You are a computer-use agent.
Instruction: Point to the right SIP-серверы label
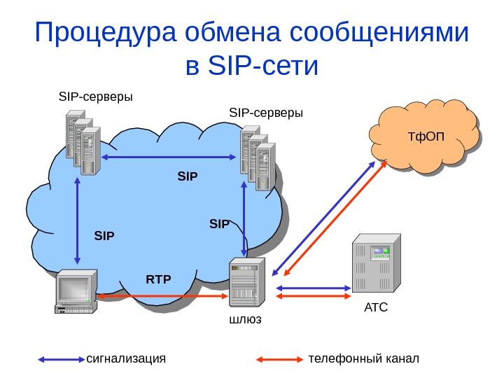[x=266, y=113]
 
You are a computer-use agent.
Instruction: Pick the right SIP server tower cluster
[x=257, y=158]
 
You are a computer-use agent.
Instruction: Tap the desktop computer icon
[x=76, y=291]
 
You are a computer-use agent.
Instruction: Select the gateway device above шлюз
[x=247, y=283]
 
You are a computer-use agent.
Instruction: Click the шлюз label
[x=245, y=319]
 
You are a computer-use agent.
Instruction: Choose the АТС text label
[x=376, y=307]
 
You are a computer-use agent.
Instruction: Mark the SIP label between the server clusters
[x=188, y=177]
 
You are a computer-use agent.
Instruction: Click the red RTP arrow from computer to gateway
[x=164, y=296]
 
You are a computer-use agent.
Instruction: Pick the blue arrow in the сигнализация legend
[x=61, y=359]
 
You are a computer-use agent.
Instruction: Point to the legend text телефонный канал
[x=363, y=359]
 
